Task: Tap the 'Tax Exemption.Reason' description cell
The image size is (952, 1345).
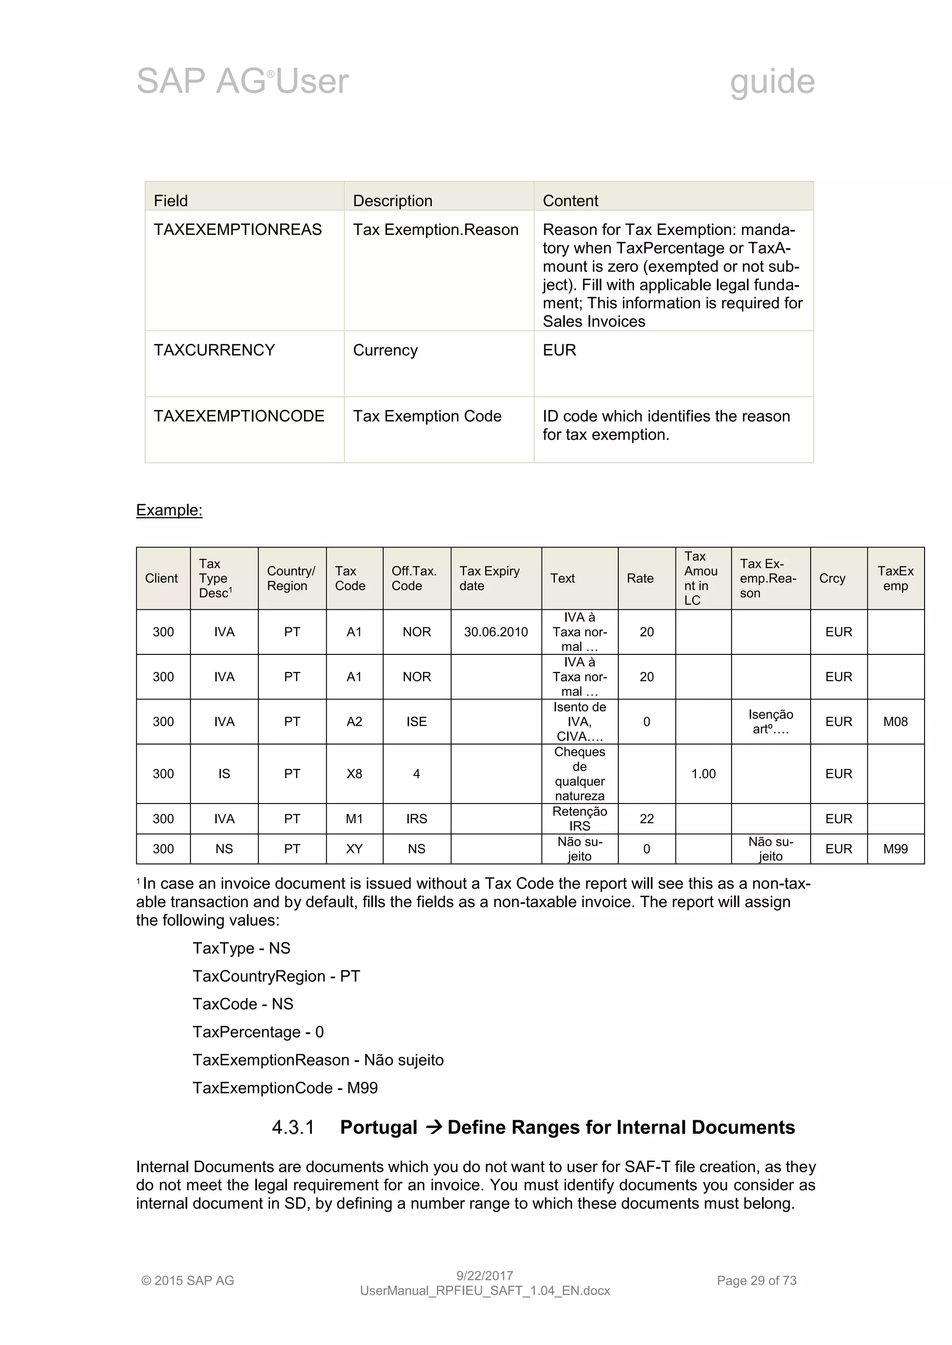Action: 435,229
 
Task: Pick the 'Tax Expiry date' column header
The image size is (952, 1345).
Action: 489,578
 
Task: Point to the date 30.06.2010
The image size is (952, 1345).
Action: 496,632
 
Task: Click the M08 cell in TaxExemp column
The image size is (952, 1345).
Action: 895,722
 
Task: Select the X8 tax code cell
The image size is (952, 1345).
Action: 354,774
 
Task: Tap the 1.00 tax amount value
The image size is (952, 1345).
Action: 703,774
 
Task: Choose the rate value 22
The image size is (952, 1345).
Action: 647,819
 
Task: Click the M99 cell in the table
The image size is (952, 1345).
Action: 895,849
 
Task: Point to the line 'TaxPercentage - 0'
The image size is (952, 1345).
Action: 258,1032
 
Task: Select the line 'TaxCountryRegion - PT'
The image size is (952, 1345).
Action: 276,976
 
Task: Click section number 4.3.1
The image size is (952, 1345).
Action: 293,1127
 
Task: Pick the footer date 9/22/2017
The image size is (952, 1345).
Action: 484,1275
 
